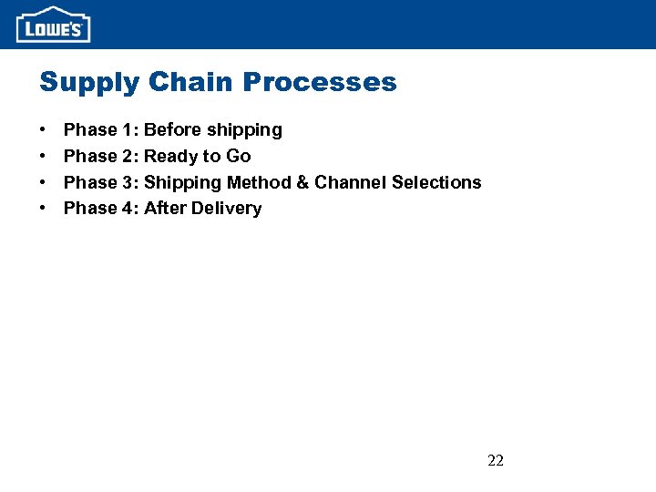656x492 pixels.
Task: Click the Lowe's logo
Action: pyautogui.click(x=53, y=25)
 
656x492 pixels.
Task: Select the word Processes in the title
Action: pyautogui.click(x=322, y=82)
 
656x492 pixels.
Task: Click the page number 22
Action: pyautogui.click(x=496, y=460)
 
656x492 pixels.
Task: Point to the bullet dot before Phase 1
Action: pyautogui.click(x=43, y=130)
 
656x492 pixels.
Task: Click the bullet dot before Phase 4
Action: pyautogui.click(x=43, y=209)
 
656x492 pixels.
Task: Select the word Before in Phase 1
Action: pyautogui.click(x=173, y=129)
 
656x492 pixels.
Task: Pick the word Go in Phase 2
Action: pyautogui.click(x=238, y=156)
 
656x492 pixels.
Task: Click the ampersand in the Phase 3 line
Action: pyautogui.click(x=302, y=182)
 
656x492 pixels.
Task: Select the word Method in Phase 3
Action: pyautogui.click(x=259, y=182)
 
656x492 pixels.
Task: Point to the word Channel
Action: pyautogui.click(x=350, y=182)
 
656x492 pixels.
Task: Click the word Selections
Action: pyautogui.click(x=436, y=182)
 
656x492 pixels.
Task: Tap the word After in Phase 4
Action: pyautogui.click(x=165, y=208)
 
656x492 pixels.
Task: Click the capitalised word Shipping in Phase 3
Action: pyautogui.click(x=182, y=183)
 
